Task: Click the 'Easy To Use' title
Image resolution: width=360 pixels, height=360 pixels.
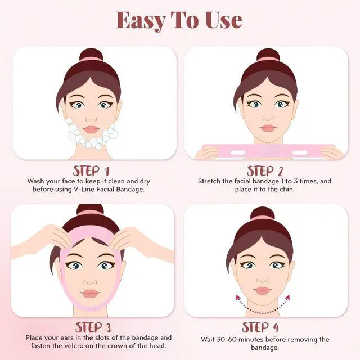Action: pyautogui.click(x=179, y=20)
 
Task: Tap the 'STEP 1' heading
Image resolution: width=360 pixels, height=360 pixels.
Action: pyautogui.click(x=91, y=171)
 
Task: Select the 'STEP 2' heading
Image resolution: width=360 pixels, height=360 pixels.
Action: pyautogui.click(x=265, y=171)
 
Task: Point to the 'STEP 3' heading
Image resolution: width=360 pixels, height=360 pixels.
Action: pyautogui.click(x=93, y=327)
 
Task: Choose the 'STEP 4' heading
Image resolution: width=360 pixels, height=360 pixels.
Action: pyautogui.click(x=260, y=327)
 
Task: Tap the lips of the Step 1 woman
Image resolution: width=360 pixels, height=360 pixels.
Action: pyautogui.click(x=91, y=129)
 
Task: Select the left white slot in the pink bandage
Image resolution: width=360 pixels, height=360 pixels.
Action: pyautogui.click(x=237, y=152)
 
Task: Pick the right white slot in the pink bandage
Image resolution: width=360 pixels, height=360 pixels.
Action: pyautogui.click(x=300, y=152)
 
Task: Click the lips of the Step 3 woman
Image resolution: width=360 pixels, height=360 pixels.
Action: pyautogui.click(x=90, y=294)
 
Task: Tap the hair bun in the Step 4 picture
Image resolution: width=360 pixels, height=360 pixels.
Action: pyautogui.click(x=263, y=214)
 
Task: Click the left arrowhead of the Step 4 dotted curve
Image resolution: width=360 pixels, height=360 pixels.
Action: pyautogui.click(x=238, y=298)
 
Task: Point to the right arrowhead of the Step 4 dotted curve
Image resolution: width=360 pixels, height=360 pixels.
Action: pyautogui.click(x=287, y=298)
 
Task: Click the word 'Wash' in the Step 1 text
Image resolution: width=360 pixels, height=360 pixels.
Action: pyautogui.click(x=35, y=181)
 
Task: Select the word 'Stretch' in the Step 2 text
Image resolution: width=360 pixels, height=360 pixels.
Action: pyautogui.click(x=209, y=181)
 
